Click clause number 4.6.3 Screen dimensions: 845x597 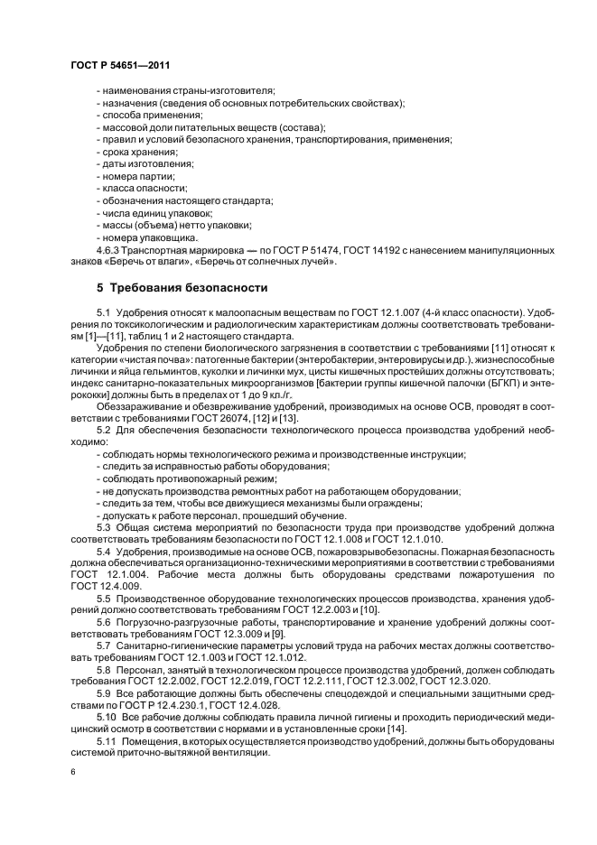[109, 250]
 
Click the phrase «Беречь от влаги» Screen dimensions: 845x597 [138, 262]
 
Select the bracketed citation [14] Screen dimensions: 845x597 [371, 729]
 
